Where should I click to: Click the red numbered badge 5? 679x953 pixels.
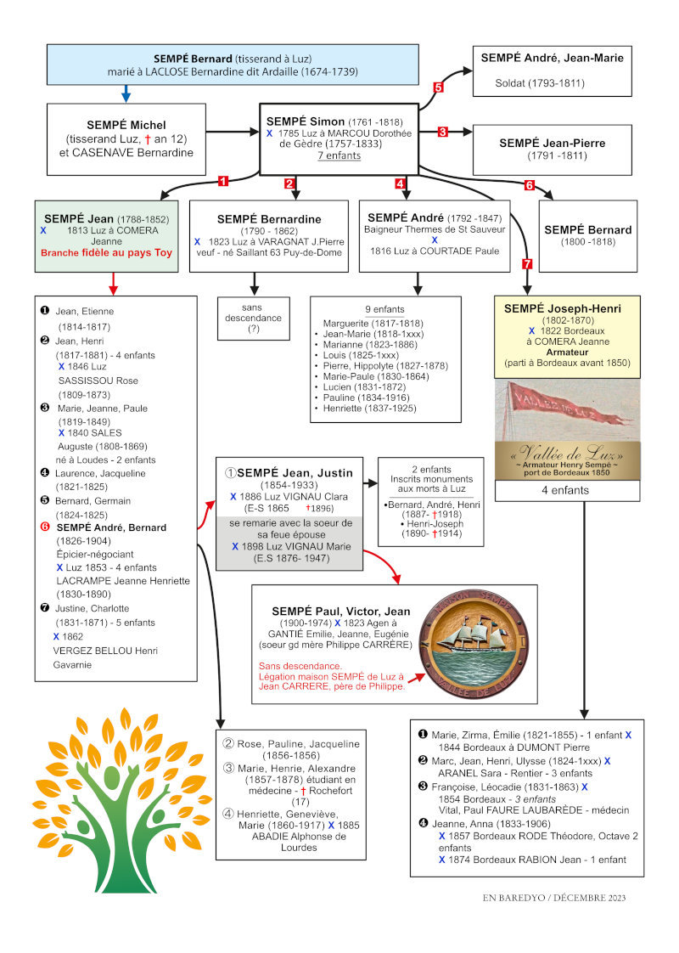pyautogui.click(x=438, y=87)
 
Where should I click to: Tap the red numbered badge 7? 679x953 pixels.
pyautogui.click(x=527, y=264)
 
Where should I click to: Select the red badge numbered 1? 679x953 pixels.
pyautogui.click(x=223, y=181)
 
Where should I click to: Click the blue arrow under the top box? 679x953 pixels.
pyautogui.click(x=126, y=93)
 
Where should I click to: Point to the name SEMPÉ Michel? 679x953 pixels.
pyautogui.click(x=126, y=125)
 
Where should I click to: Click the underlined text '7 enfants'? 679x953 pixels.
pyautogui.click(x=339, y=155)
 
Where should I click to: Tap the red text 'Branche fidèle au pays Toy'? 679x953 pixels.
pyautogui.click(x=106, y=253)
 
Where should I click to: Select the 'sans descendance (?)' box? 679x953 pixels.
pyautogui.click(x=253, y=318)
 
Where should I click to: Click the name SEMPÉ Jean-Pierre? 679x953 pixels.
pyautogui.click(x=552, y=144)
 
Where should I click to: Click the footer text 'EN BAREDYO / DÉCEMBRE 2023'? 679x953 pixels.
pyautogui.click(x=554, y=898)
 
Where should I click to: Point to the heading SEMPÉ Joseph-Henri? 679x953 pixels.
pyautogui.click(x=563, y=309)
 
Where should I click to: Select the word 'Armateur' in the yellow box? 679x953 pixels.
pyautogui.click(x=567, y=352)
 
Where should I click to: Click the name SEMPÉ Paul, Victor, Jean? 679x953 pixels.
pyautogui.click(x=340, y=612)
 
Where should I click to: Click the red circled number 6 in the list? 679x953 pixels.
pyautogui.click(x=45, y=527)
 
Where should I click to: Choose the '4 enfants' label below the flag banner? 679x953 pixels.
pyautogui.click(x=565, y=490)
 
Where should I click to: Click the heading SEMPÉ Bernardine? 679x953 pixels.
pyautogui.click(x=269, y=219)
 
